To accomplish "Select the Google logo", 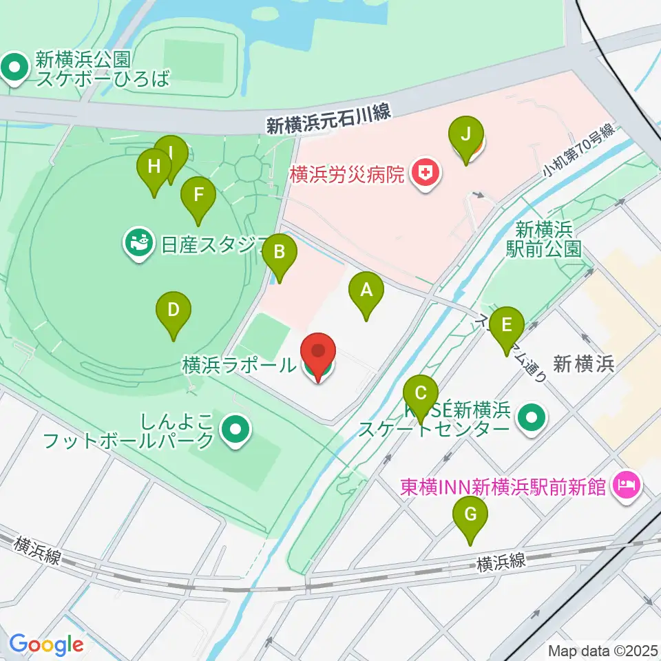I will coord(46,644).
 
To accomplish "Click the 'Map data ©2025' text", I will coord(602,650).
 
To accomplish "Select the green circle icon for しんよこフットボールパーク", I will coord(235,430).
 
